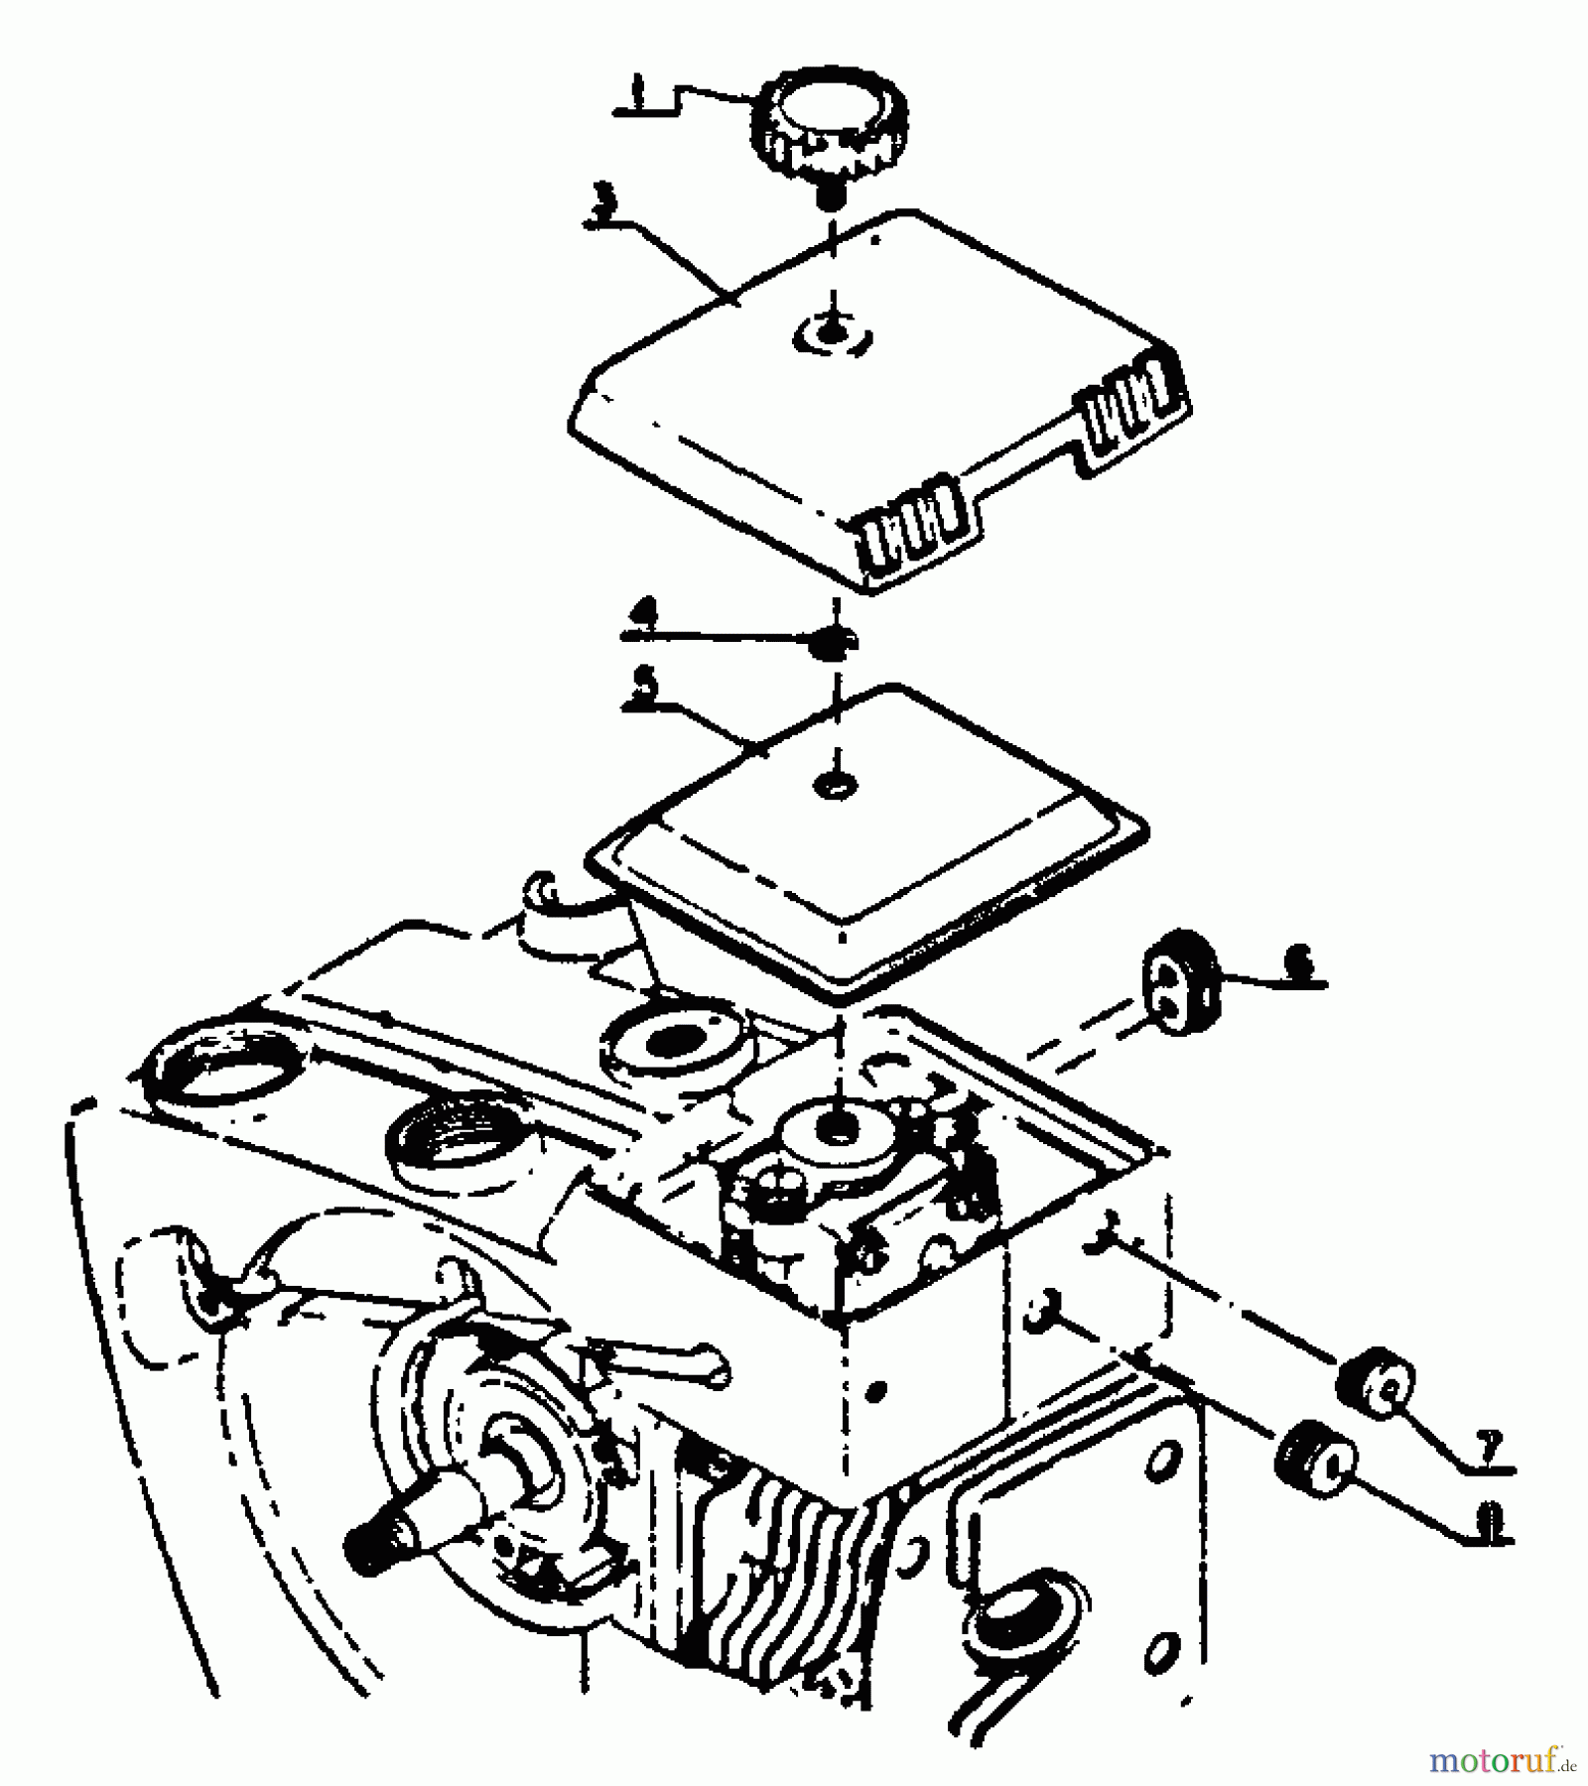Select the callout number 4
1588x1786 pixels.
645,616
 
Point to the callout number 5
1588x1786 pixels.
645,688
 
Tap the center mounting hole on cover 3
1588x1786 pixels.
834,332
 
